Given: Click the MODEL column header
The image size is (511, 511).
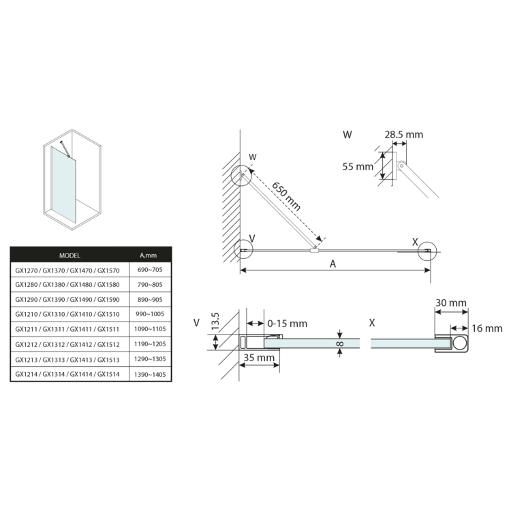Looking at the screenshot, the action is coord(69,255).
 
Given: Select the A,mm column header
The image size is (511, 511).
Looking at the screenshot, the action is coord(149,255).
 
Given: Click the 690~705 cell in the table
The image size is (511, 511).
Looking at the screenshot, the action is coord(150,270).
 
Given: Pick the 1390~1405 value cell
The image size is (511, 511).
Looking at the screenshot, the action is coord(150,375).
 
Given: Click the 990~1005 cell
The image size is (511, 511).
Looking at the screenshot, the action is coord(150,314).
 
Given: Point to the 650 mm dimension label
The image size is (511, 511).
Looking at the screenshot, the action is coord(285,196).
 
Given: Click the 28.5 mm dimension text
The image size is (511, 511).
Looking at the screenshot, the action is coord(404,135).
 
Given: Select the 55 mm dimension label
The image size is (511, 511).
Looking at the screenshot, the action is coord(358,166).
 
